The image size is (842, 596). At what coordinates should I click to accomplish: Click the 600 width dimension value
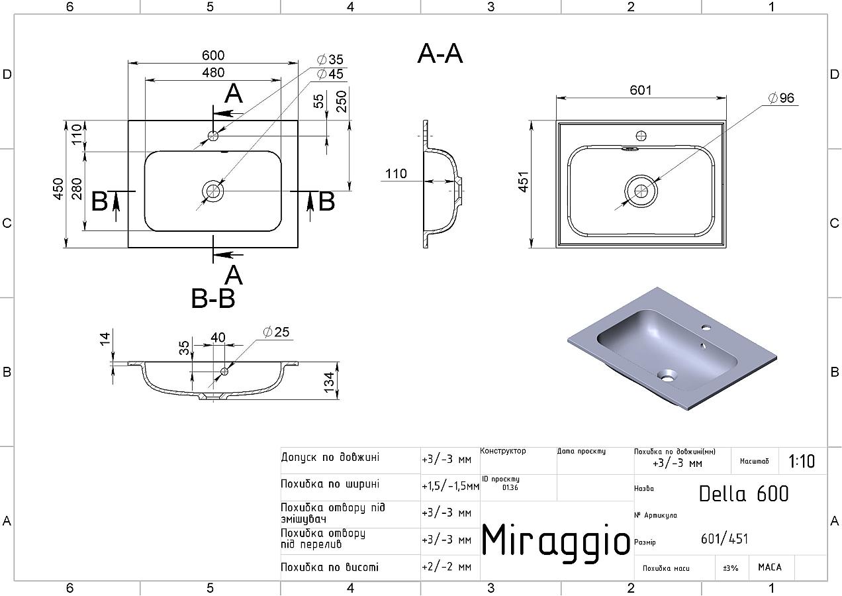pos(213,56)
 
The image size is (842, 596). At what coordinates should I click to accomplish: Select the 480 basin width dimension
pos(213,73)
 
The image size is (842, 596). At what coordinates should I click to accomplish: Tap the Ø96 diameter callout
pos(781,98)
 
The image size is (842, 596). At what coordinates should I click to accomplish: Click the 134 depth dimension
pos(329,382)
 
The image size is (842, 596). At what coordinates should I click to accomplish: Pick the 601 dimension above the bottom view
pos(641,90)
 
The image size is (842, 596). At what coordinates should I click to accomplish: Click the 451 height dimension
pos(524,182)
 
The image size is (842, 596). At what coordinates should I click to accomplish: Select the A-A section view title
pos(440,54)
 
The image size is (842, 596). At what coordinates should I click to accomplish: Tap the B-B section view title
pos(213,299)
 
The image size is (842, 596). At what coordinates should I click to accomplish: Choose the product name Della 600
pos(743,494)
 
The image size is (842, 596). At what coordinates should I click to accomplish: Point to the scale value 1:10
pos(802,462)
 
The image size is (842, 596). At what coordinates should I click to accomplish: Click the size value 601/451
pos(724,539)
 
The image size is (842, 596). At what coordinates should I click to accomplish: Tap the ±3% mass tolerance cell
pos(731,568)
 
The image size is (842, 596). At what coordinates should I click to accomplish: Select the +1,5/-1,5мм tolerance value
pos(450,486)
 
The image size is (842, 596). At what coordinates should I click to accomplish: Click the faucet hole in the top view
pos(213,136)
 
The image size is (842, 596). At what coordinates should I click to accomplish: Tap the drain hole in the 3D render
pos(667,375)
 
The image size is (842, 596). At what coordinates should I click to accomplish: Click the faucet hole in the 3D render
pos(706,327)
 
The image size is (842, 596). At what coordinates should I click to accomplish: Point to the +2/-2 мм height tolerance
pos(446,567)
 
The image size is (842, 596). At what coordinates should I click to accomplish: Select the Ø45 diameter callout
pos(330,74)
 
